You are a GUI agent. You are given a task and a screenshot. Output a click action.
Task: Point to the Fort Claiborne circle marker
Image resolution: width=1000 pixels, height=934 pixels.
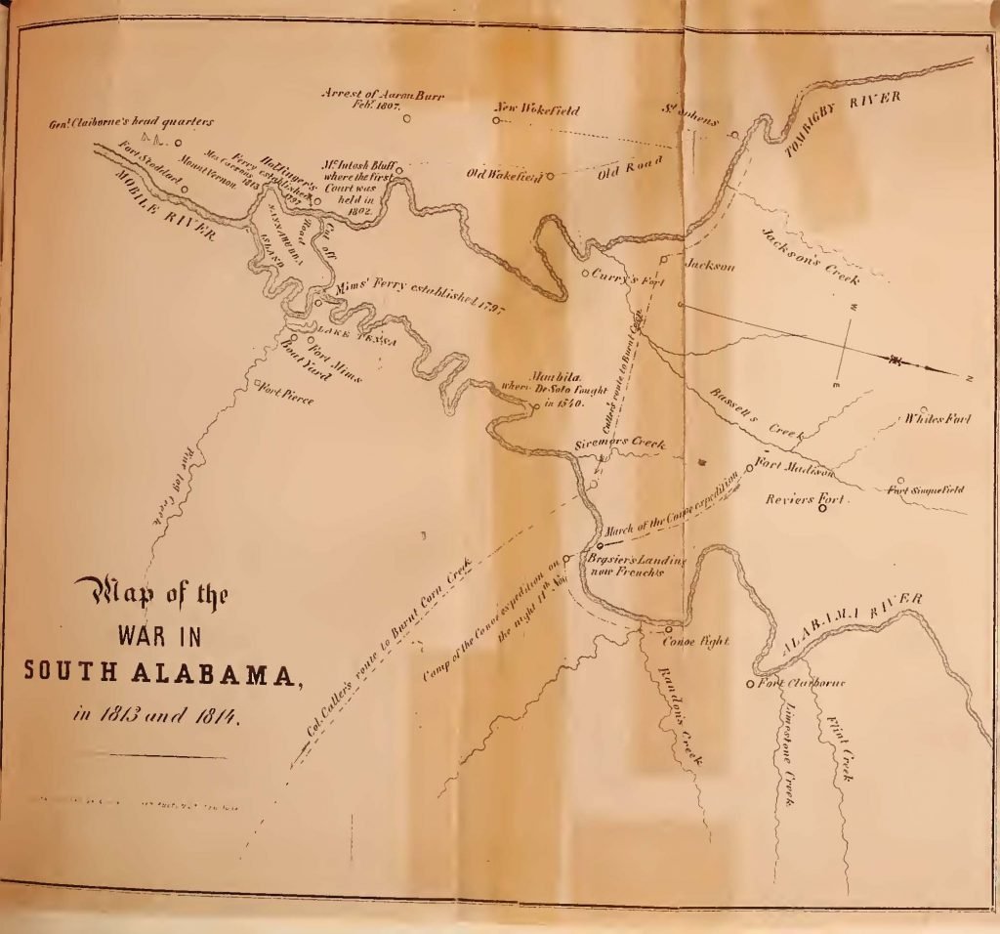click(751, 683)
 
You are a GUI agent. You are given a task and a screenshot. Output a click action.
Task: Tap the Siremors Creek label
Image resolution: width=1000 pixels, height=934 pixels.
click(621, 445)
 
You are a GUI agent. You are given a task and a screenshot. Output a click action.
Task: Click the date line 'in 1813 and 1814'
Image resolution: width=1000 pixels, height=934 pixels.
click(156, 715)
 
